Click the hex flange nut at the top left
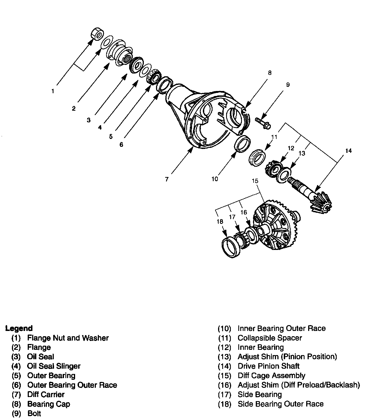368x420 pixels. pyautogui.click(x=97, y=34)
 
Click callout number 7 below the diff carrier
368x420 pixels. pyautogui.click(x=167, y=179)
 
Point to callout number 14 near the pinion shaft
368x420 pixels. pyautogui.click(x=348, y=151)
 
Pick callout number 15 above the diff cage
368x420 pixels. pyautogui.click(x=255, y=181)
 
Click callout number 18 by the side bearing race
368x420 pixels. pyautogui.click(x=220, y=222)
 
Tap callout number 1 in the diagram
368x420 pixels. pyautogui.click(x=53, y=91)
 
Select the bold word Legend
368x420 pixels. pyautogui.click(x=19, y=328)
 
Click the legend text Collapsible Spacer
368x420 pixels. pyautogui.click(x=270, y=338)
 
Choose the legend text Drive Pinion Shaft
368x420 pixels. pyautogui.click(x=269, y=366)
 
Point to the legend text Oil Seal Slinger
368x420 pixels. pyautogui.click(x=54, y=366)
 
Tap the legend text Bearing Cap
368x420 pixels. pyautogui.click(x=49, y=404)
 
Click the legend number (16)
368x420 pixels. pyautogui.click(x=224, y=385)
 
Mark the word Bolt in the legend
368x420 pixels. pyautogui.click(x=34, y=413)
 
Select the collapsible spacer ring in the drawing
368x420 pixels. pyautogui.click(x=257, y=157)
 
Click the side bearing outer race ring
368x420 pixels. pyautogui.click(x=231, y=247)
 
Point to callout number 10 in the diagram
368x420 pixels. pyautogui.click(x=215, y=179)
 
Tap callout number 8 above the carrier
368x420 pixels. pyautogui.click(x=270, y=73)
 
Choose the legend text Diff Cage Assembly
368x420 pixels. pyautogui.click(x=271, y=376)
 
